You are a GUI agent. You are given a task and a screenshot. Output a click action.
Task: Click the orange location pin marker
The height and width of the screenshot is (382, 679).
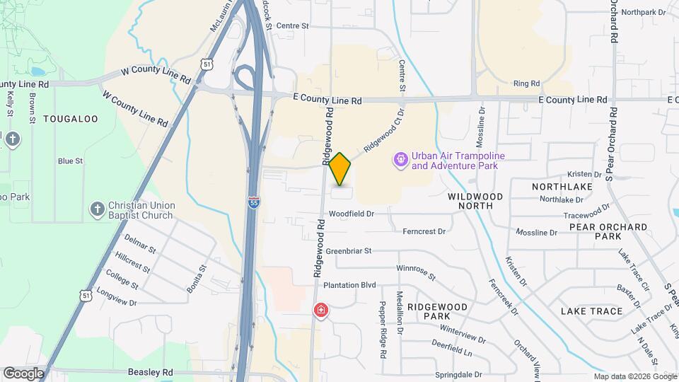[x=339, y=169]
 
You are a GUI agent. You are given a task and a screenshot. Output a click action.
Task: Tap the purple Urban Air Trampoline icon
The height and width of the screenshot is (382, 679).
[x=401, y=161]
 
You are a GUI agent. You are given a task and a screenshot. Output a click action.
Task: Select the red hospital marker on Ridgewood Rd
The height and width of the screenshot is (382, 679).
[x=321, y=311]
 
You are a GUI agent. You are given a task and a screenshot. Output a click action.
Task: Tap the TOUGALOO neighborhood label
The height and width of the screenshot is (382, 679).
[x=71, y=119]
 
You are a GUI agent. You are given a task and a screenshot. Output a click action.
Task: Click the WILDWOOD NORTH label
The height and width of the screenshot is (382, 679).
[x=475, y=200]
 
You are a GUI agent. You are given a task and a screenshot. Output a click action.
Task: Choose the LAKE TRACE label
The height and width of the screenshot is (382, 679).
[x=591, y=311]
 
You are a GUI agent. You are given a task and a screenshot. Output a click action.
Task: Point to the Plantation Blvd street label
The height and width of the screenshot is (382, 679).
[x=349, y=285]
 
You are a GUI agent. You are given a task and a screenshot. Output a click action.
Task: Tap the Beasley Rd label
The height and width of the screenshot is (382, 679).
[x=151, y=371]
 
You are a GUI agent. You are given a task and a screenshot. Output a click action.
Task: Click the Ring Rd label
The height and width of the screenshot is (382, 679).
[x=527, y=83]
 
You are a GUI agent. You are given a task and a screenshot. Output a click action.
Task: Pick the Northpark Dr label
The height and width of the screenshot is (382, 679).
[x=644, y=12]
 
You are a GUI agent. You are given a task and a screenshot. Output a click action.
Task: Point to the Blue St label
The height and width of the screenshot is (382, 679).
[x=70, y=161]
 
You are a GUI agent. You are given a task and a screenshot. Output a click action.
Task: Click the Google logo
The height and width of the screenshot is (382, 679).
[x=23, y=373]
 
